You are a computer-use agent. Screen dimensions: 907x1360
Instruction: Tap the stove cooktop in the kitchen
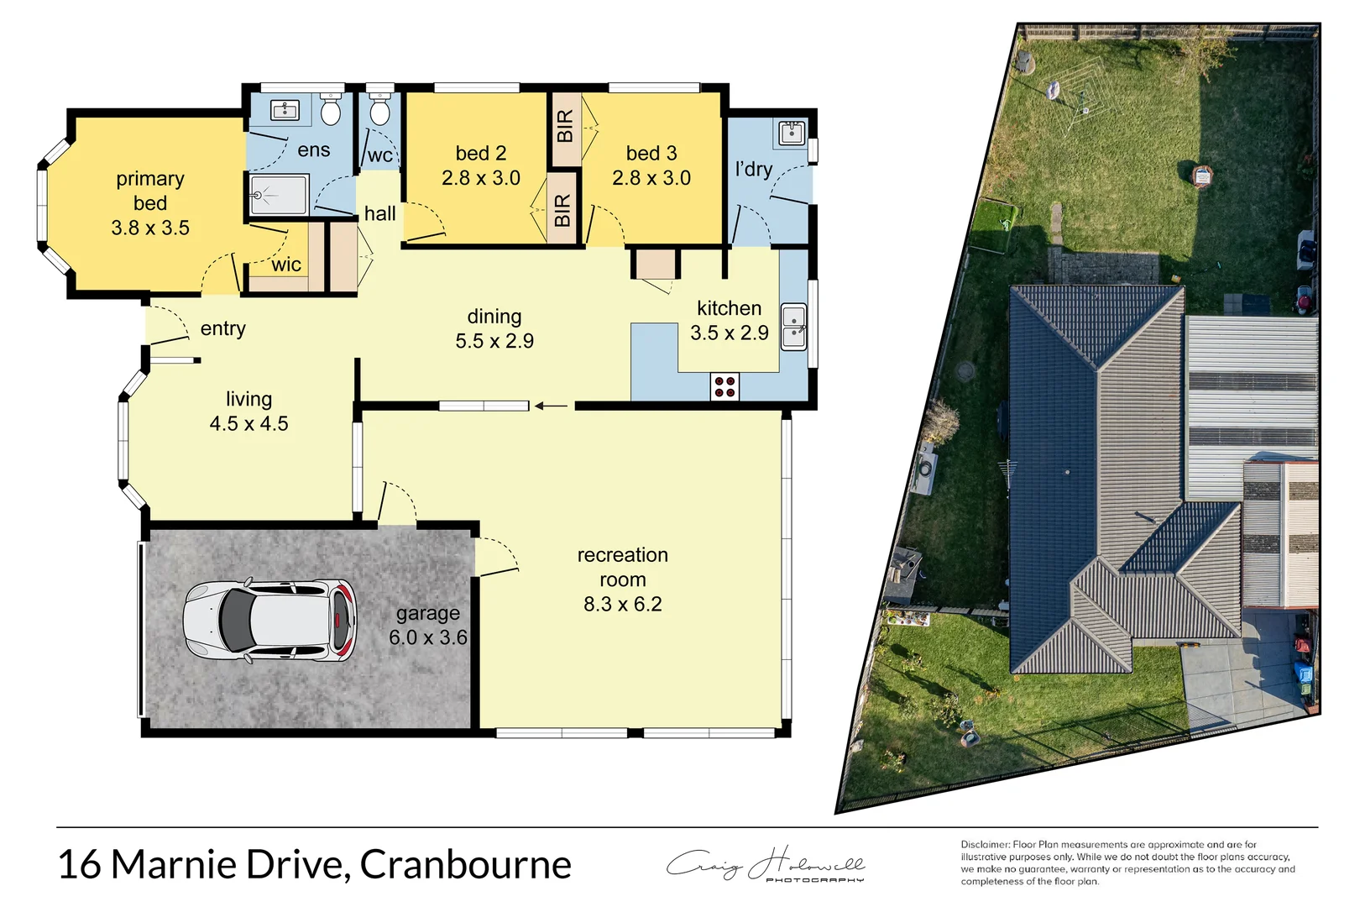tap(724, 387)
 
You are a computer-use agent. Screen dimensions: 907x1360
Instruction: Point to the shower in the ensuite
tap(279, 195)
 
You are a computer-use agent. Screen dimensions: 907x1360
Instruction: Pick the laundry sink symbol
tap(792, 133)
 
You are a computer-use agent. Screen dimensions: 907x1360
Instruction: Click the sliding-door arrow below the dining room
tap(552, 406)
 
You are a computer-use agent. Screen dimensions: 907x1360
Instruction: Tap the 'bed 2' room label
tap(481, 153)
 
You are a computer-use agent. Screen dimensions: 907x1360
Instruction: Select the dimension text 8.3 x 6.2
tap(623, 605)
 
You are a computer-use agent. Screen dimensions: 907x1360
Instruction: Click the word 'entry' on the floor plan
tap(223, 328)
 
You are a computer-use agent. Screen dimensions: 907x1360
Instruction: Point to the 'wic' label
tap(286, 265)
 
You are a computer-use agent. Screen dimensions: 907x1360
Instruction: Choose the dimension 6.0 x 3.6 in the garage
tap(428, 637)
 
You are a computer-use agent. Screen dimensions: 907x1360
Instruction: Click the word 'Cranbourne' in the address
tap(466, 864)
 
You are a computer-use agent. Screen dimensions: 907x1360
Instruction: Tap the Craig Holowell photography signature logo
tap(765, 865)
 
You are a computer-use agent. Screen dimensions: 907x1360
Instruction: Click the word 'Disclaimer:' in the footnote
tap(986, 845)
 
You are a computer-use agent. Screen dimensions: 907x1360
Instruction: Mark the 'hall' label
tap(379, 214)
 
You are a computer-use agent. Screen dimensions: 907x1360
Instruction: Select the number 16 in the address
tap(79, 864)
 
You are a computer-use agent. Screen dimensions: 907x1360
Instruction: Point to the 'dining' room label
tap(494, 317)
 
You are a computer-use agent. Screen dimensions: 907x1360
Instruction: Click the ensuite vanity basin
tap(285, 110)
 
